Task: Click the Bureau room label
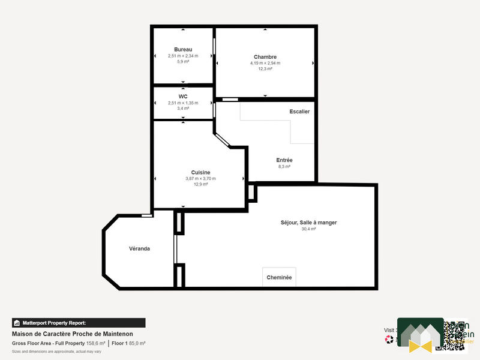(x=183, y=49)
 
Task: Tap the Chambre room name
(x=265, y=57)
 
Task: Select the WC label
(x=183, y=96)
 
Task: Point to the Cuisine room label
(x=200, y=172)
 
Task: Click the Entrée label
(x=284, y=160)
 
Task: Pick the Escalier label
(x=299, y=112)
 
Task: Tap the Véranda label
(x=139, y=248)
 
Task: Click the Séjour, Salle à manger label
(x=308, y=223)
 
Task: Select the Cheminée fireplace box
(x=279, y=277)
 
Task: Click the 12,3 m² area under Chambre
(x=265, y=69)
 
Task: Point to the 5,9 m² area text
(x=183, y=61)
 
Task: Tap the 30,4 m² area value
(x=308, y=229)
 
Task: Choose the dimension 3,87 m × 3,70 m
(x=200, y=178)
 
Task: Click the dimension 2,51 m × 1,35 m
(x=183, y=103)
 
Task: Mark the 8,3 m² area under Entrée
(x=284, y=167)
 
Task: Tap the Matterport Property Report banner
(x=79, y=323)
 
